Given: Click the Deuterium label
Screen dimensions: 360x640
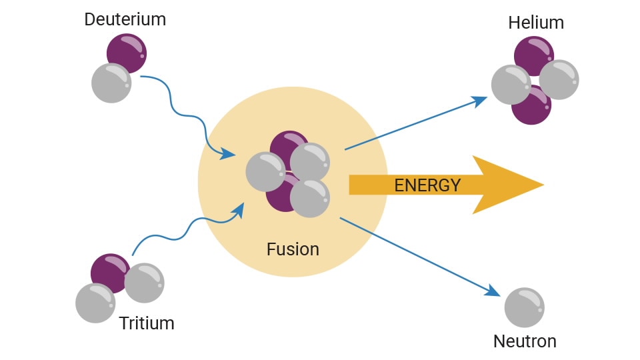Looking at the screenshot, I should click(125, 19).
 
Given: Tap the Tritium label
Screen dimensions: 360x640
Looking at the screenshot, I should click(147, 323).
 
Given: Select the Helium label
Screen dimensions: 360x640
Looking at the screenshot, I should click(536, 23).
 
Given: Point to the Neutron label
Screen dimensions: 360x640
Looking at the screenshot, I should click(525, 341).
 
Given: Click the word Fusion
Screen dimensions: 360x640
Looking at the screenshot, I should click(293, 249).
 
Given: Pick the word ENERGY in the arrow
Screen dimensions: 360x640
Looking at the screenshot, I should click(427, 185).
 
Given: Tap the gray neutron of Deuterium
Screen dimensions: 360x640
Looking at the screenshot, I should click(111, 83).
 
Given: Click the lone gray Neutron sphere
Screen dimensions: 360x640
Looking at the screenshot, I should click(525, 307).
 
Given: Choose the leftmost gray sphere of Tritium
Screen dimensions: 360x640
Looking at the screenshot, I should click(95, 303).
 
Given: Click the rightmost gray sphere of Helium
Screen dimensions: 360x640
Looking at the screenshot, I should click(559, 79).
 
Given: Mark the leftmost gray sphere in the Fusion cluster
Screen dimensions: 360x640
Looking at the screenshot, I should click(265, 171).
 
